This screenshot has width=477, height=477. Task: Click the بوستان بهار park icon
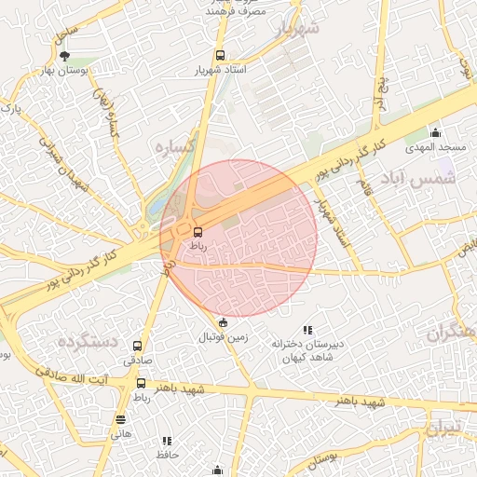tap(64, 57)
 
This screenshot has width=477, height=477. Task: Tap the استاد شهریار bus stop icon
tap(220, 55)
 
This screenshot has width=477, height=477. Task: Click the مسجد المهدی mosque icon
tap(434, 131)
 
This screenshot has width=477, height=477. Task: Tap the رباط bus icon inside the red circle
tap(198, 231)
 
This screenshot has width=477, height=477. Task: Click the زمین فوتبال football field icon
tap(222, 322)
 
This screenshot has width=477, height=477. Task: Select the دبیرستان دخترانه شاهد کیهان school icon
tap(307, 330)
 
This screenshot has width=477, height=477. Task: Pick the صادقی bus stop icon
tap(139, 345)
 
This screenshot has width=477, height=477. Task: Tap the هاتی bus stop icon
tap(120, 420)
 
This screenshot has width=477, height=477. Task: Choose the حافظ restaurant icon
tap(168, 441)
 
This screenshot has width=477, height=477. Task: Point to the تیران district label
tap(443, 429)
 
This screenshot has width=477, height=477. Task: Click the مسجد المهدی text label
tap(431, 147)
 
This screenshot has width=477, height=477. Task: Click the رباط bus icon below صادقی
tap(141, 383)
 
